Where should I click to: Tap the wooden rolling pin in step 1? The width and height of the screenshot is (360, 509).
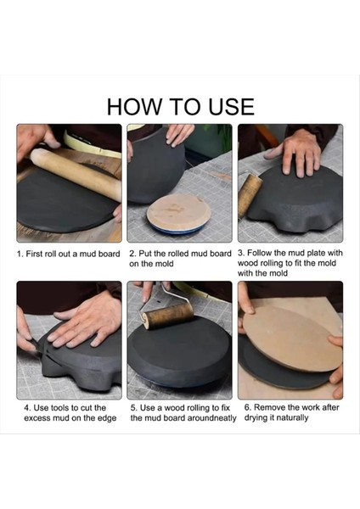(x=76, y=174)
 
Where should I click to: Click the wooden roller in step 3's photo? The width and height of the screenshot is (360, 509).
(x=250, y=195)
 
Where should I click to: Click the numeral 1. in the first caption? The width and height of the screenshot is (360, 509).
(x=20, y=254)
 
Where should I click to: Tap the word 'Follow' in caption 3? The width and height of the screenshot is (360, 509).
(x=260, y=253)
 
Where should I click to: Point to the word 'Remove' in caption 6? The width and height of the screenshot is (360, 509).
(x=269, y=407)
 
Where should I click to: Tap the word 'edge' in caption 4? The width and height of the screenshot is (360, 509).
(x=107, y=418)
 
